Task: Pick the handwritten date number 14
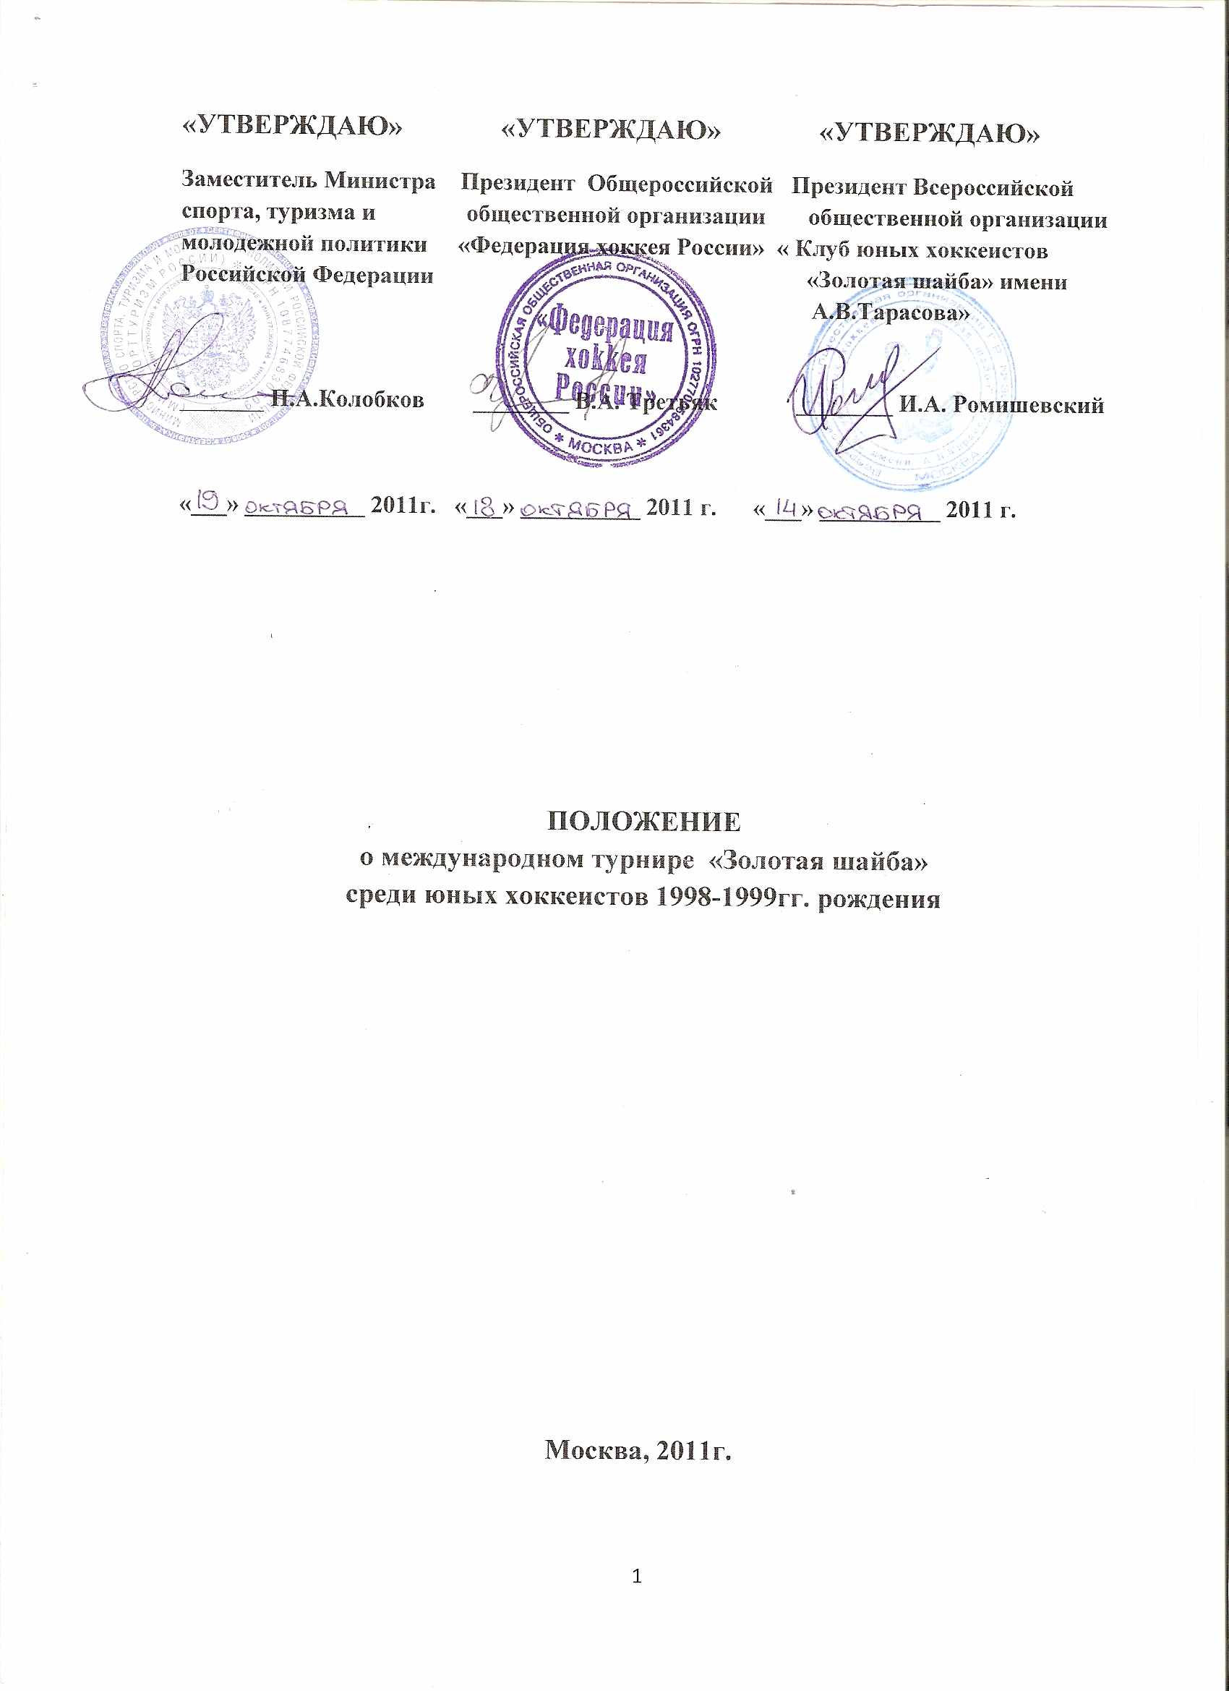pos(785,508)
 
